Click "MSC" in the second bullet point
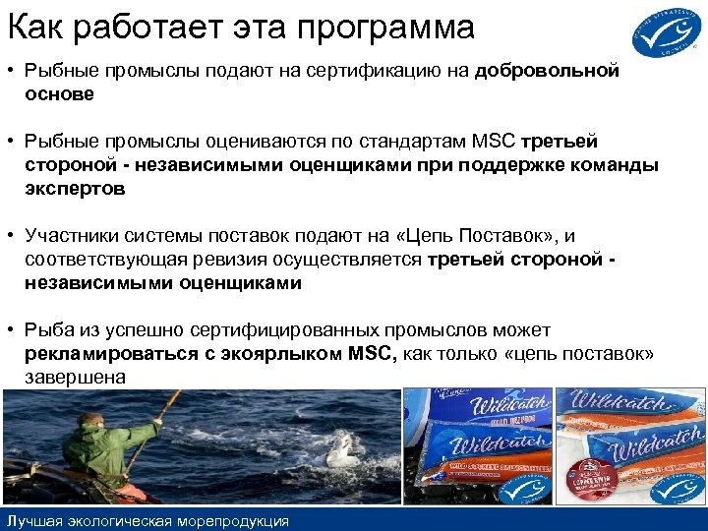coord(493,143)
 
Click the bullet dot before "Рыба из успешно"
coord(12,330)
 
